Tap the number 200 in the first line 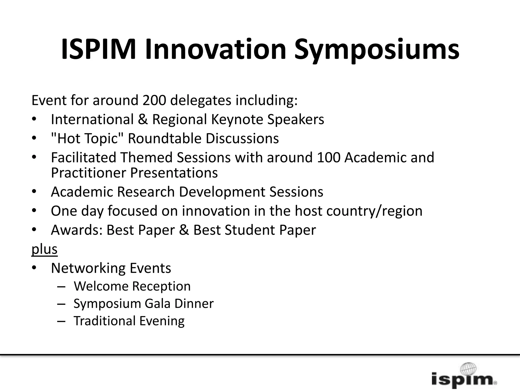(154, 100)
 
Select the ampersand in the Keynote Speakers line (143, 119)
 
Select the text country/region (374, 211)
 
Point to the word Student (250, 230)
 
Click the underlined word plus (44, 249)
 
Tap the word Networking (88, 268)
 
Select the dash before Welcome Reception (61, 286)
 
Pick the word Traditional (105, 321)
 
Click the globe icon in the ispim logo (468, 368)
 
